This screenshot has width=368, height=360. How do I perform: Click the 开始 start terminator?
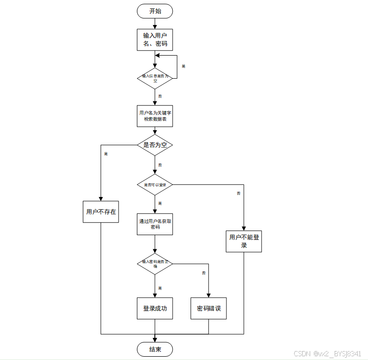point(155,11)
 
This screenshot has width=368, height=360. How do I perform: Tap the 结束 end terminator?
point(155,349)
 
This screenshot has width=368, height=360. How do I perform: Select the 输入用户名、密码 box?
point(155,40)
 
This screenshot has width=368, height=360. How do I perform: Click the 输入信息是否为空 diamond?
point(155,78)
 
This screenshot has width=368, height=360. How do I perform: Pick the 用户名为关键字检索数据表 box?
point(155,116)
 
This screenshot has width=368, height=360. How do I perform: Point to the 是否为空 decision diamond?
point(155,145)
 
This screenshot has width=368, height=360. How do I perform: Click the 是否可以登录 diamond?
point(155,185)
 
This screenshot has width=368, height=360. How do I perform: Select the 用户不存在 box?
point(101,212)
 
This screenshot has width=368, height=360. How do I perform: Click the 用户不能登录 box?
point(244,241)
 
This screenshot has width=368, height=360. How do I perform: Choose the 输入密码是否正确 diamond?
point(155,263)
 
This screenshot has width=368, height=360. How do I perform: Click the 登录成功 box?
point(155,309)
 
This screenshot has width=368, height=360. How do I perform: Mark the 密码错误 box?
point(208,309)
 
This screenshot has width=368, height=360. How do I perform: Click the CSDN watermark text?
point(327,354)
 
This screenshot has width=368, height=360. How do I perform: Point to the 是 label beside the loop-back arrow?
point(184,66)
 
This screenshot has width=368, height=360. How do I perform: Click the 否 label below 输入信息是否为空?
point(160,96)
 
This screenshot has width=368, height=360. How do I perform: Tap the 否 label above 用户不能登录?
point(239,193)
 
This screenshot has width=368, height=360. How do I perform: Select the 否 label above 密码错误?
point(204,273)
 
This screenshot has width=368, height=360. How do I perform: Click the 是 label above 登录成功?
point(160,288)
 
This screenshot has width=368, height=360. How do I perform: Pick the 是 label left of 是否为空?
point(106,154)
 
